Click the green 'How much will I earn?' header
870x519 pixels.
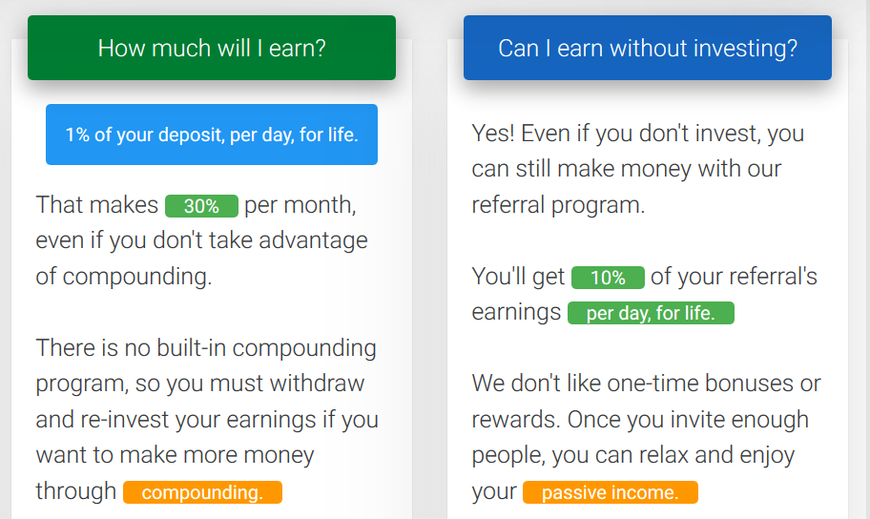(212, 48)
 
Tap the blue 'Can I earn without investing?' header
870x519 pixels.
(648, 48)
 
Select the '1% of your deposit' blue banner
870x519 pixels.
(212, 135)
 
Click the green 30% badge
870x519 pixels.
(201, 206)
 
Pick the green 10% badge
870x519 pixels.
(608, 278)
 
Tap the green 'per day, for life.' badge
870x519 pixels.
(651, 313)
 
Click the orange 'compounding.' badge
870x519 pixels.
(202, 492)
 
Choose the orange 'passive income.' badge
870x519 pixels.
(611, 492)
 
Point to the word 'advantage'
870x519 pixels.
(313, 241)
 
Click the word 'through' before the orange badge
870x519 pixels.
(76, 491)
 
